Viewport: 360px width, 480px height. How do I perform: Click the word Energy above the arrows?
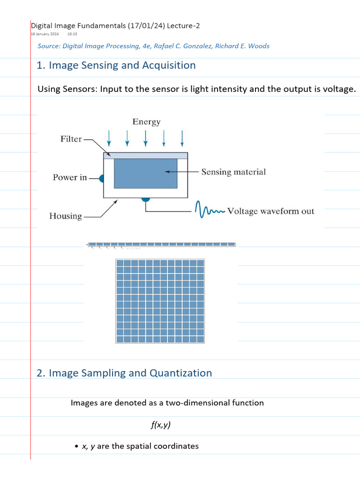pyautogui.click(x=146, y=122)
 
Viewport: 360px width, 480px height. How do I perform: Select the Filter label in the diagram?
pyautogui.click(x=71, y=139)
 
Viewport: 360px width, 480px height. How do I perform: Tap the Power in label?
pyautogui.click(x=70, y=178)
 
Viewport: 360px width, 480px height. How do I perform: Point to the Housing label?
pyautogui.click(x=66, y=216)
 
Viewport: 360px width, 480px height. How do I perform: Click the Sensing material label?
pyautogui.click(x=233, y=172)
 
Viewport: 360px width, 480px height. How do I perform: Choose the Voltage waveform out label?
pyautogui.click(x=270, y=211)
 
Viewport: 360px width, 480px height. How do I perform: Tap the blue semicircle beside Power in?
pyautogui.click(x=101, y=178)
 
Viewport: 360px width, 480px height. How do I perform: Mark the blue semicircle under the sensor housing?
pyautogui.click(x=146, y=200)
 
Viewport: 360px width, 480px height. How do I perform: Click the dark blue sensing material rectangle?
pyautogui.click(x=145, y=173)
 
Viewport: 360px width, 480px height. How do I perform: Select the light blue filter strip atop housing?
pyautogui.click(x=145, y=156)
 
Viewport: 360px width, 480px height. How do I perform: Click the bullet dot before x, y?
pyautogui.click(x=76, y=447)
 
